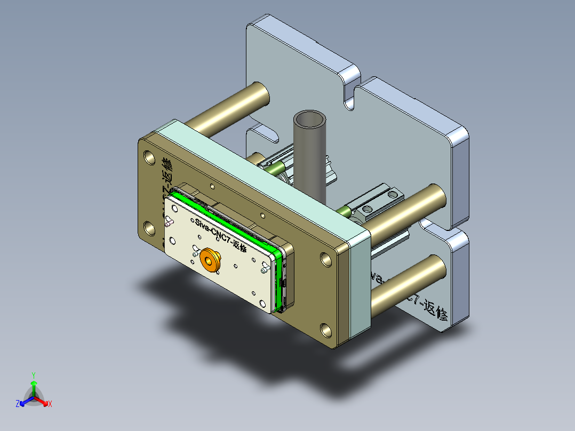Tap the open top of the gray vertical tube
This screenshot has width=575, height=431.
[x=310, y=119]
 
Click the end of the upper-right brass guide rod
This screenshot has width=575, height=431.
[x=438, y=197]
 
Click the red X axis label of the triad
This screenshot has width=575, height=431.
[x=50, y=404]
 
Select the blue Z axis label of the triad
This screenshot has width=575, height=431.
[x=18, y=404]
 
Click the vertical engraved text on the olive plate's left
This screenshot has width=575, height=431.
[x=166, y=181]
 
